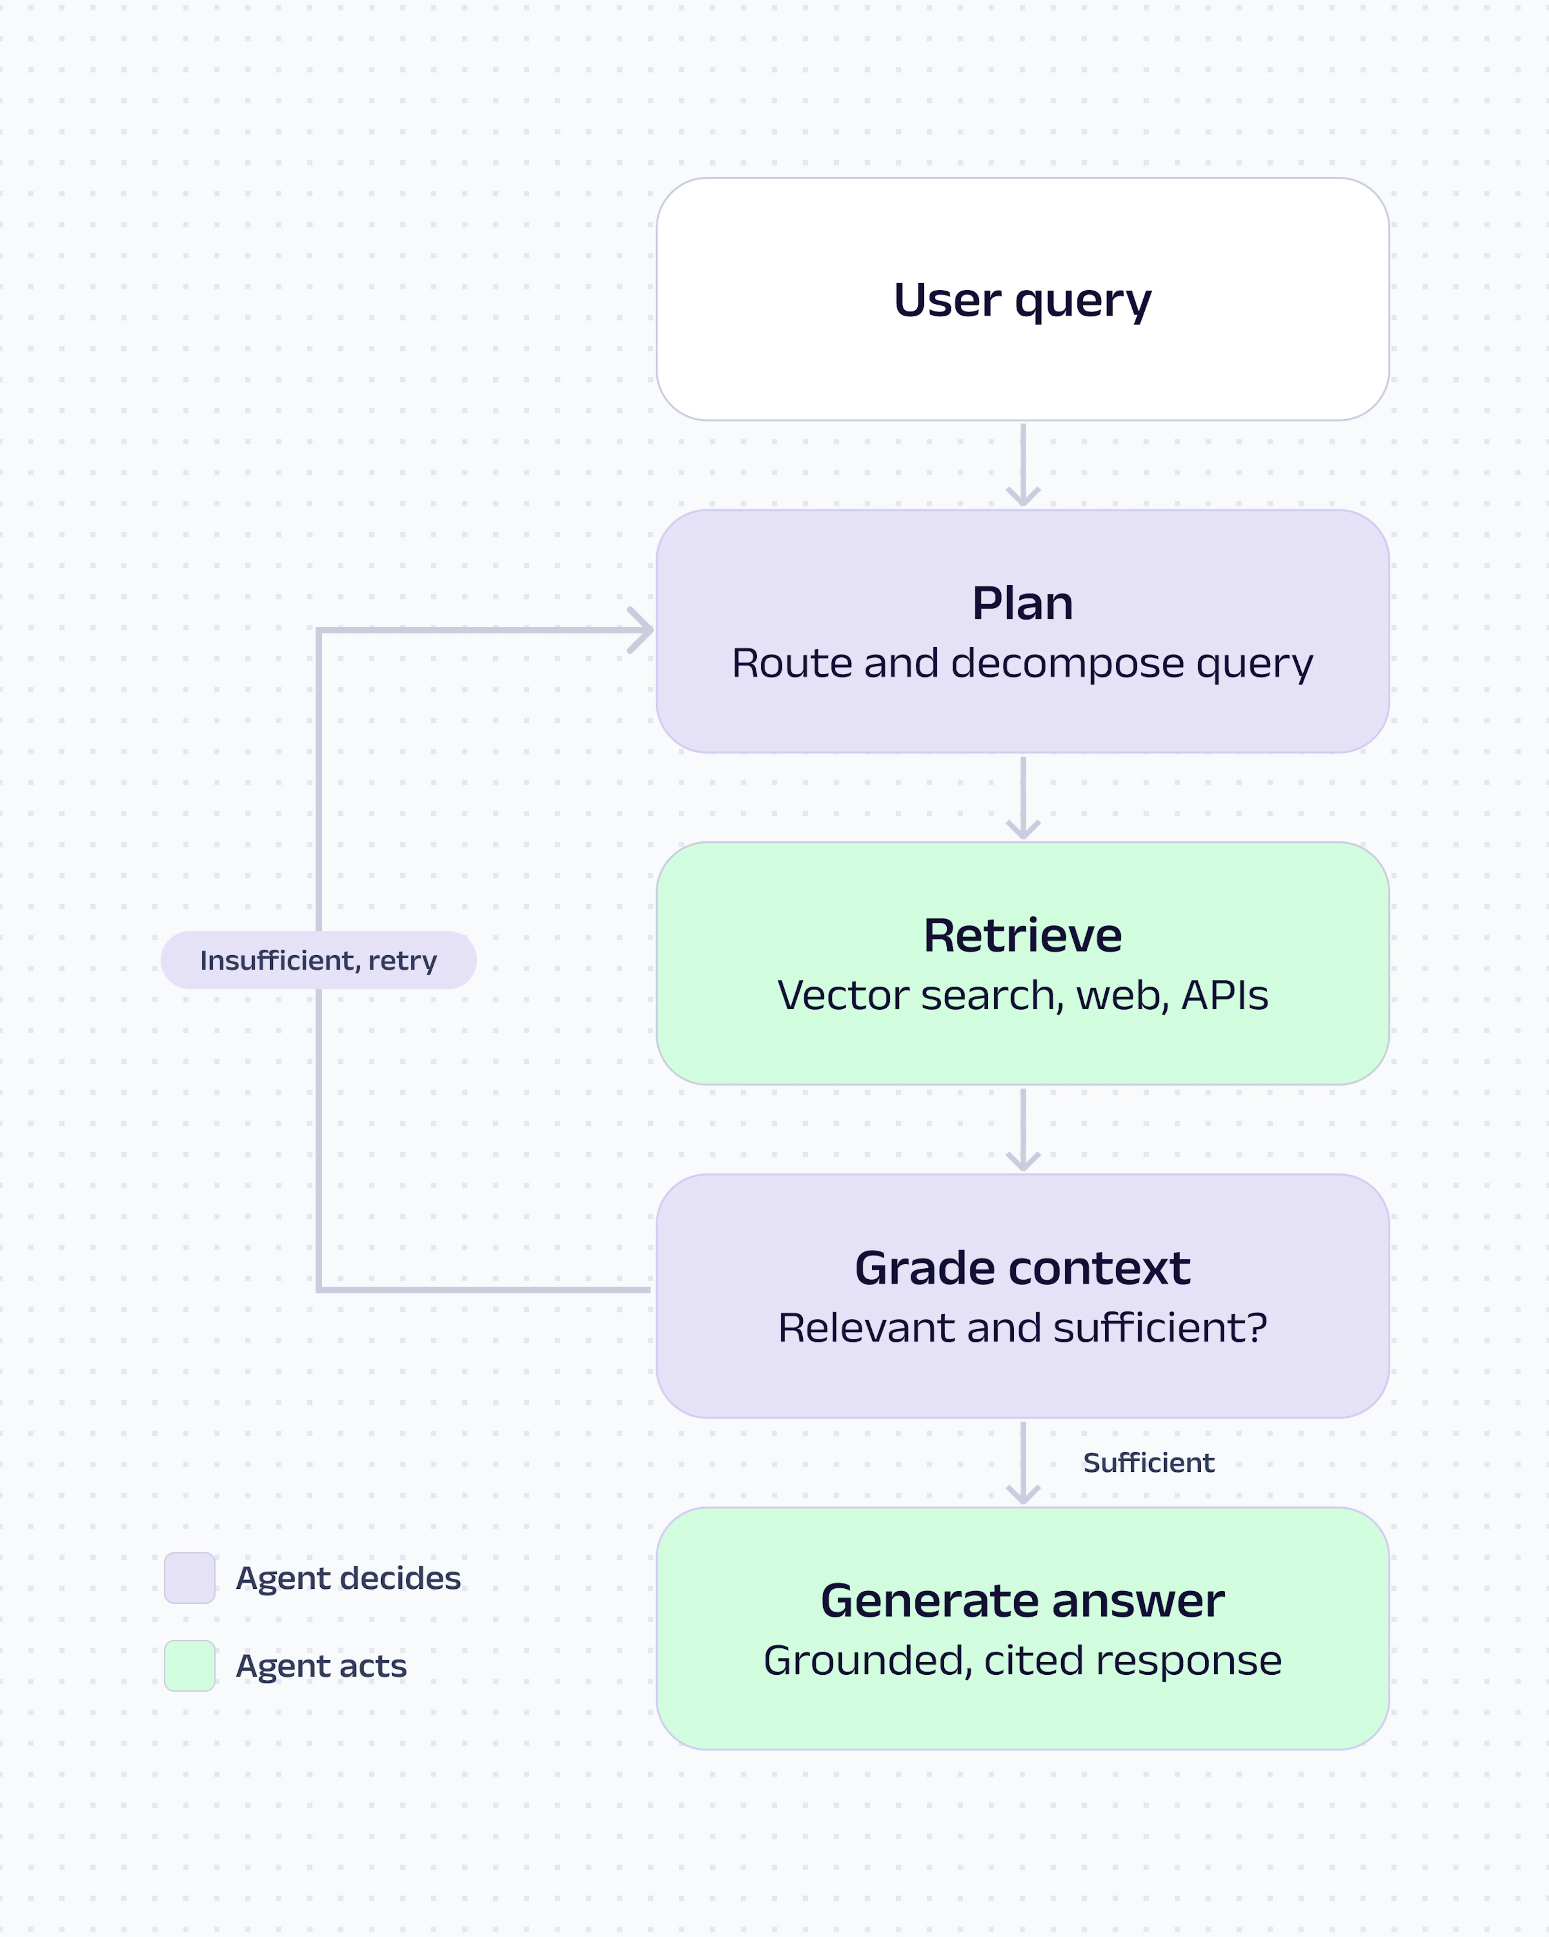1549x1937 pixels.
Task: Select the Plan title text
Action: click(1023, 603)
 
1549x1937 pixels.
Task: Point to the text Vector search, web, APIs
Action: click(1023, 996)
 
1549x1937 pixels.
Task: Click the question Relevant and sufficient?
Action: click(1023, 1328)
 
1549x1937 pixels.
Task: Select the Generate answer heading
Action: click(1023, 1601)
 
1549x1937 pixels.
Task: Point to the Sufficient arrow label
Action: click(1148, 1462)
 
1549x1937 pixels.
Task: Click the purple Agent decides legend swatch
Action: click(190, 1577)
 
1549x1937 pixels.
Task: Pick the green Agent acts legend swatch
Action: click(190, 1666)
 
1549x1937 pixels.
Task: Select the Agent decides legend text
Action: click(349, 1579)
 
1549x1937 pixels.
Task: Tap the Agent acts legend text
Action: click(321, 1667)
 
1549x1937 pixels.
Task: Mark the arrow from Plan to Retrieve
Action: click(1023, 798)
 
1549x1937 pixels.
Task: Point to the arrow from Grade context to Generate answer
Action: click(1023, 1462)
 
